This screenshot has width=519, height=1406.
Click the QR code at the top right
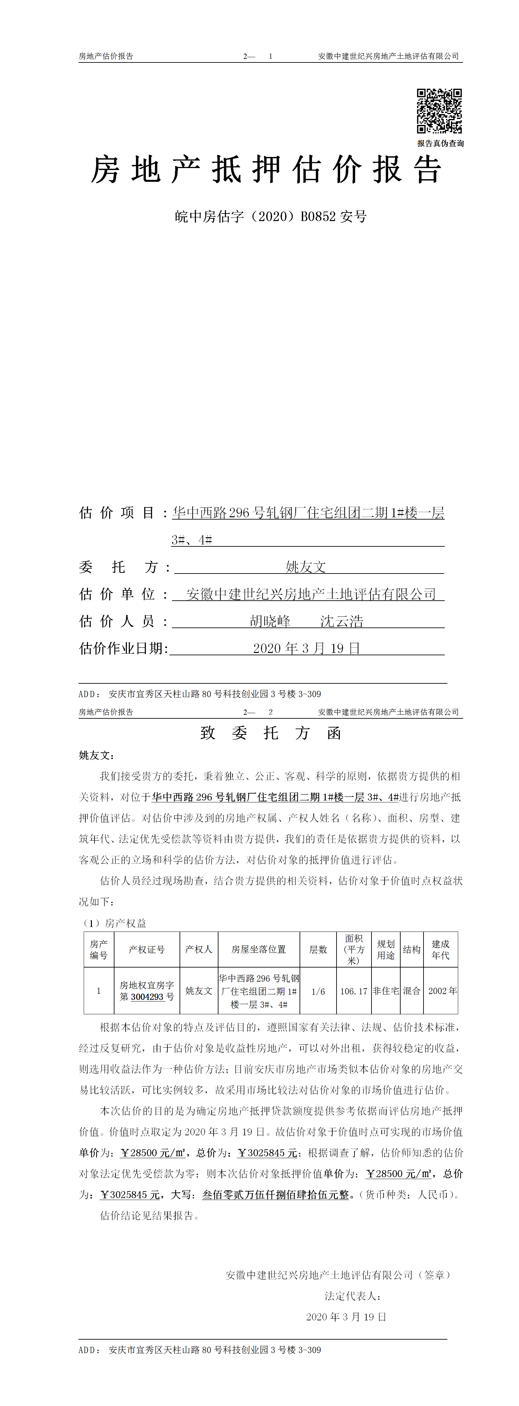pyautogui.click(x=439, y=111)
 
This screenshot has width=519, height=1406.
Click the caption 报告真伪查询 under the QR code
pyautogui.click(x=441, y=144)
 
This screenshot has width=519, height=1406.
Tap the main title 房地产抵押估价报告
pyautogui.click(x=266, y=170)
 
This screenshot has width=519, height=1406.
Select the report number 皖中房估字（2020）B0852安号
pyautogui.click(x=271, y=217)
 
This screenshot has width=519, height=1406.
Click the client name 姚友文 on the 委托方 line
pyautogui.click(x=306, y=567)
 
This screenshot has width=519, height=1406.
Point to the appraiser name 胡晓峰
pyautogui.click(x=270, y=621)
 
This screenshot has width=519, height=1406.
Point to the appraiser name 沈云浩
pyautogui.click(x=342, y=621)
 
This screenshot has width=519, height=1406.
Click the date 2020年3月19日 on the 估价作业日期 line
pyautogui.click(x=306, y=648)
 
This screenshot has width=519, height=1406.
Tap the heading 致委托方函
pyautogui.click(x=271, y=733)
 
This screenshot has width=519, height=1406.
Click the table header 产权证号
pyautogui.click(x=146, y=950)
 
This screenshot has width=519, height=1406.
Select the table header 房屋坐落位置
pyautogui.click(x=259, y=950)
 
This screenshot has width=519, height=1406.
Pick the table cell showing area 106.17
pyautogui.click(x=354, y=991)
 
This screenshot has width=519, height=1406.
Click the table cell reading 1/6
pyautogui.click(x=318, y=991)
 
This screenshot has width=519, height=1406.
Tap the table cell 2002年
pyautogui.click(x=442, y=991)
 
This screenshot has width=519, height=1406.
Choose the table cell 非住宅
pyautogui.click(x=386, y=991)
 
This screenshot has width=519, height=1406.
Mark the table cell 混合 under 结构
pyautogui.click(x=411, y=991)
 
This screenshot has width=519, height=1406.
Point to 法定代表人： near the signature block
pyautogui.click(x=353, y=1296)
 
